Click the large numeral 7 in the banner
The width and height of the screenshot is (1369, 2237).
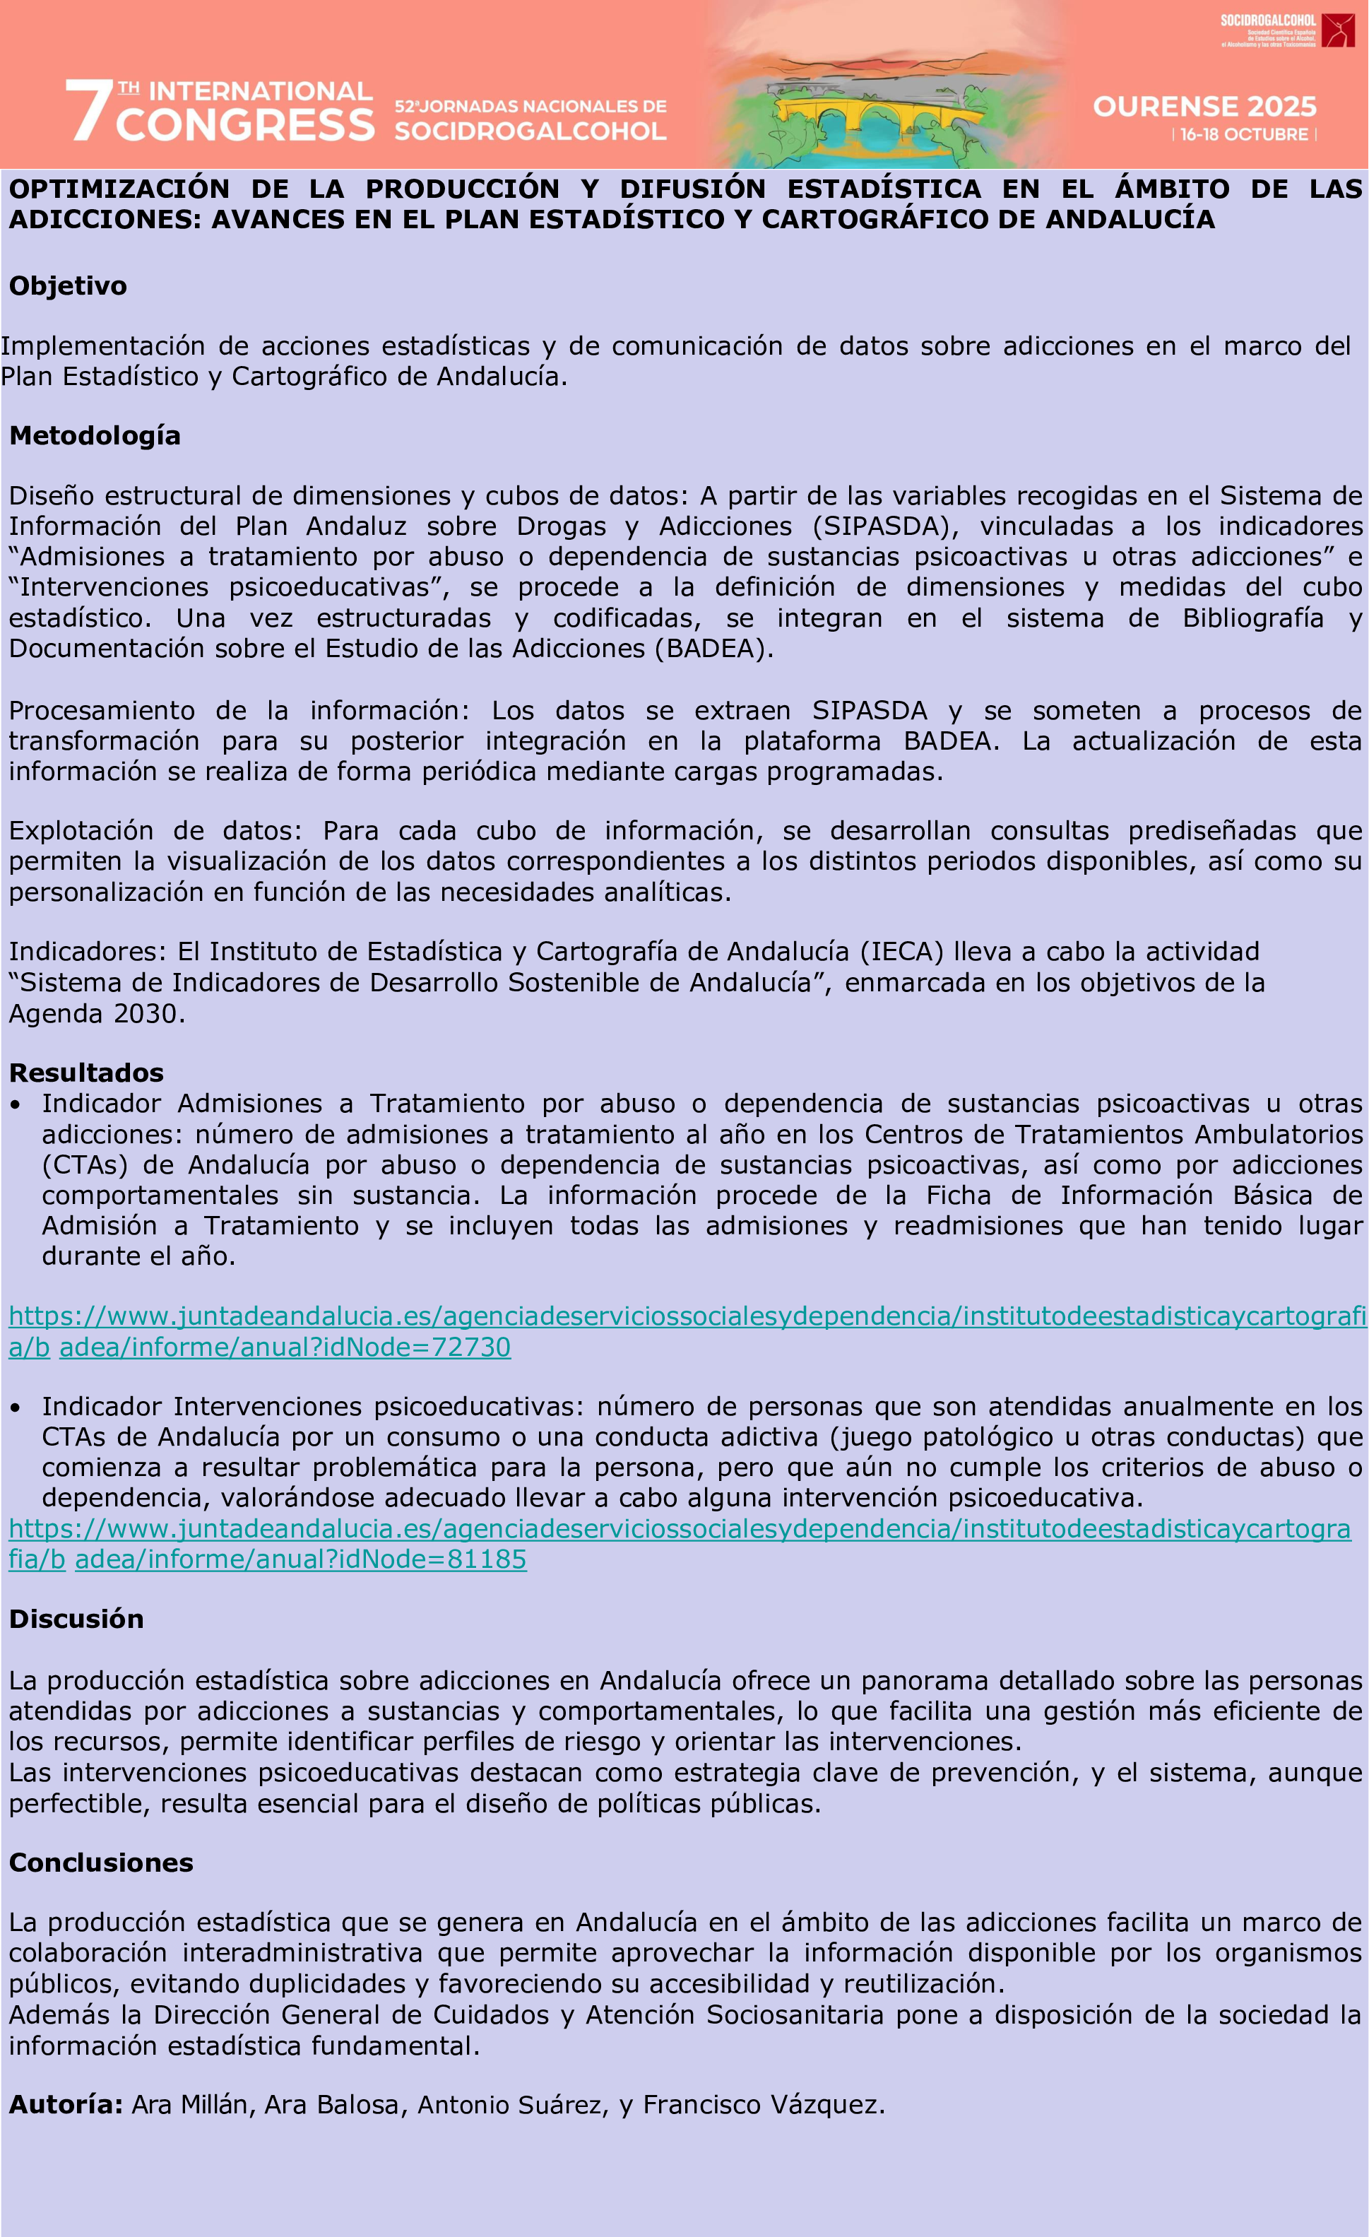tap(88, 111)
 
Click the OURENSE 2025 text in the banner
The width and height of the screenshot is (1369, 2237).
tap(1204, 107)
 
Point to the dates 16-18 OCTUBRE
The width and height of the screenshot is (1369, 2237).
tap(1244, 134)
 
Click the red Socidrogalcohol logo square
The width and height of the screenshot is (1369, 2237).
tap(1337, 30)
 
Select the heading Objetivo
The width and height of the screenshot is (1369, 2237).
tap(68, 286)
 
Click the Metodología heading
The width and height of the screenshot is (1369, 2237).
tap(95, 436)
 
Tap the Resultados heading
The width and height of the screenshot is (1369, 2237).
tap(86, 1073)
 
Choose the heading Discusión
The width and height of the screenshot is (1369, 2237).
tap(76, 1619)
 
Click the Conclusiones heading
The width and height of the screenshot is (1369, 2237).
tap(101, 1863)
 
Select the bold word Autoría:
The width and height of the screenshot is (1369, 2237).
tap(66, 2104)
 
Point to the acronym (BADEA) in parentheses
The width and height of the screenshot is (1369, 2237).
tap(713, 648)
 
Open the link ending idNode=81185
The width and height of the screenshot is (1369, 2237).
tap(300, 1559)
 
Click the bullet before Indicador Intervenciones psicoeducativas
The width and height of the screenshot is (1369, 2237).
tap(16, 1408)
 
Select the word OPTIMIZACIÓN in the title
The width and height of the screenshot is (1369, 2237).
tap(119, 189)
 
